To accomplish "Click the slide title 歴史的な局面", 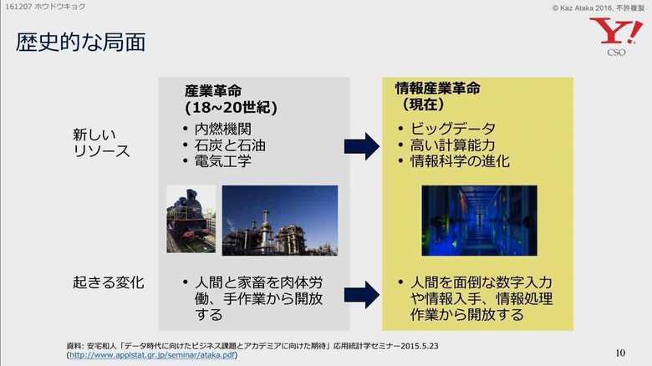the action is [x=81, y=43].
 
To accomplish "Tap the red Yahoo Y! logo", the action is [x=616, y=31].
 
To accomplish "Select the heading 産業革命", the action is [x=213, y=91].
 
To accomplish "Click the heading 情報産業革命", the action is [x=437, y=89].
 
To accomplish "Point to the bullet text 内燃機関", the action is [x=223, y=129].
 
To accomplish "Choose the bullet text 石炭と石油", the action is [x=230, y=145].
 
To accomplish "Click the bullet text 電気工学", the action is [x=223, y=161].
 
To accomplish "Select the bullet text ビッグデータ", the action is [x=453, y=129].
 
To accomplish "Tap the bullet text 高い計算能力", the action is [x=453, y=145].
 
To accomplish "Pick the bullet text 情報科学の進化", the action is [x=460, y=161].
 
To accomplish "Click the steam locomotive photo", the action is [x=191, y=219].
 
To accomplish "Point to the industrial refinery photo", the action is [x=280, y=221].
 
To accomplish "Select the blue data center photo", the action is [x=480, y=221].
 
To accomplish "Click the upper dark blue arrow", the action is [x=362, y=146].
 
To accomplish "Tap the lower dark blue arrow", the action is [x=362, y=295].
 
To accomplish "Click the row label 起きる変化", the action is [x=109, y=282].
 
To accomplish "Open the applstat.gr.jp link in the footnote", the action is [x=152, y=355].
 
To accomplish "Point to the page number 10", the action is [x=620, y=353].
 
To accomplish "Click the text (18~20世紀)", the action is [x=231, y=108].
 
